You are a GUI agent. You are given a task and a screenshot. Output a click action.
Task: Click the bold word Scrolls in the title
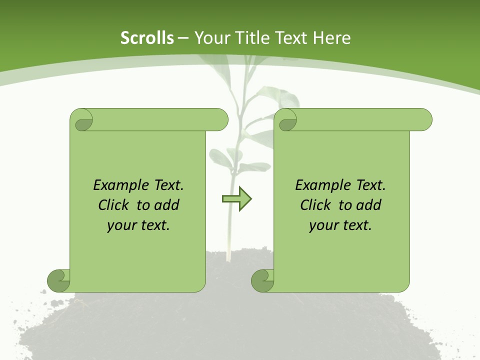[147, 38]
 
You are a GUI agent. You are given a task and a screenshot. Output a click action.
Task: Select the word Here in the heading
[331, 38]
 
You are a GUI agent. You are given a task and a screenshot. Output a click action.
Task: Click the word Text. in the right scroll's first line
[370, 185]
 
